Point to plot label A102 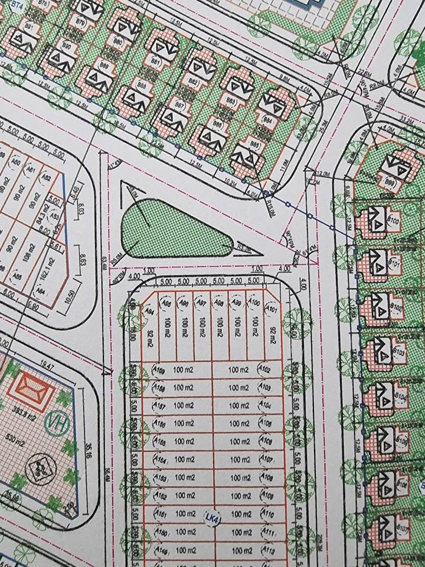(x=264, y=370)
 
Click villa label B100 (x=393, y=222)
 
